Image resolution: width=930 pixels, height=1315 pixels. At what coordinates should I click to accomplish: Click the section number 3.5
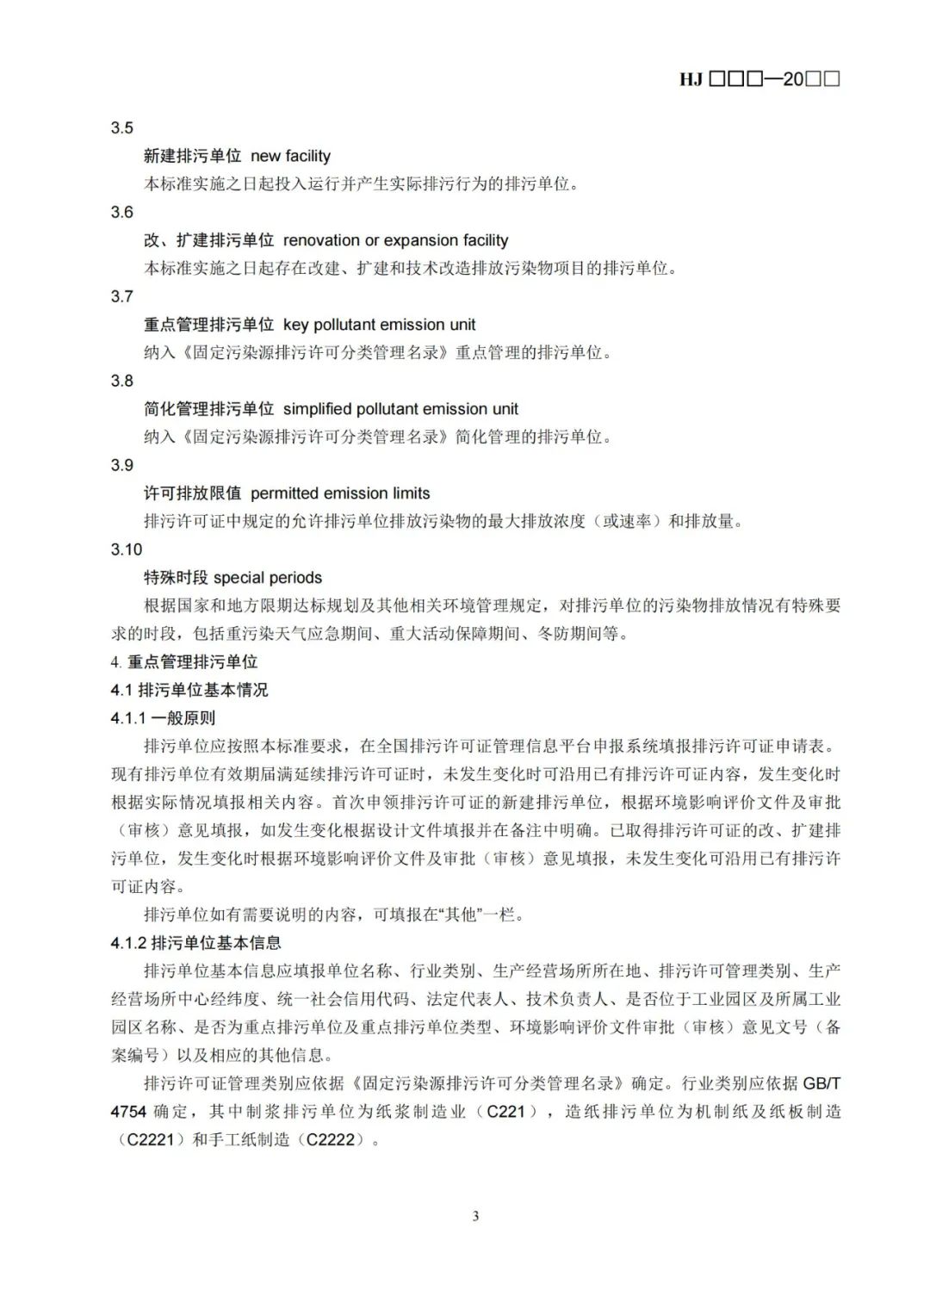pyautogui.click(x=122, y=128)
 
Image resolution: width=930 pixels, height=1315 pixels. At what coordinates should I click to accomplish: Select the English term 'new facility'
pyautogui.click(x=290, y=156)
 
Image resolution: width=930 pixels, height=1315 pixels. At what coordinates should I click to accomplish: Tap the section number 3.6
pyautogui.click(x=122, y=213)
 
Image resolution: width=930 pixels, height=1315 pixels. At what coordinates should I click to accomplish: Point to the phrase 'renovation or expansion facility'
pyautogui.click(x=395, y=240)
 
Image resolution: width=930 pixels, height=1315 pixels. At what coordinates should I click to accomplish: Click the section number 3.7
pyautogui.click(x=122, y=297)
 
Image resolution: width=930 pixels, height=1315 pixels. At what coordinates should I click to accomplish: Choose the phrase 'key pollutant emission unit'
pyautogui.click(x=379, y=325)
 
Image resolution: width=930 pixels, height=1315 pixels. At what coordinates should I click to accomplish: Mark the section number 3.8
pyautogui.click(x=122, y=381)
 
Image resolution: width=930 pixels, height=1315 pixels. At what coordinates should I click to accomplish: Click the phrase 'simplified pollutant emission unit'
pyautogui.click(x=400, y=409)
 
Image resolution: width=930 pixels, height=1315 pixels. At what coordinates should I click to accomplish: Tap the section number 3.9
pyautogui.click(x=122, y=466)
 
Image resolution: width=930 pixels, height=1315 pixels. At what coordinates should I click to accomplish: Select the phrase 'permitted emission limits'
pyautogui.click(x=340, y=493)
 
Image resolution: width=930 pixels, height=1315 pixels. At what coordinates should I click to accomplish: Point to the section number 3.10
pyautogui.click(x=126, y=550)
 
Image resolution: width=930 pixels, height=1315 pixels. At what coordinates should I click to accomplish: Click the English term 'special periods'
pyautogui.click(x=268, y=578)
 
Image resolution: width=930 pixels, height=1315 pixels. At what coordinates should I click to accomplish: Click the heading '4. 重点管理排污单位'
pyautogui.click(x=184, y=662)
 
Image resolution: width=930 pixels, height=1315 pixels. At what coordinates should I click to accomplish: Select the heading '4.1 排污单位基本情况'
pyautogui.click(x=189, y=690)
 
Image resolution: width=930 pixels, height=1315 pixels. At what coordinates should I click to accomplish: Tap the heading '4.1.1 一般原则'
pyautogui.click(x=163, y=718)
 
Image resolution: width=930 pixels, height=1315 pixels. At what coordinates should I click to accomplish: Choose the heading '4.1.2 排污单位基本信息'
pyautogui.click(x=195, y=943)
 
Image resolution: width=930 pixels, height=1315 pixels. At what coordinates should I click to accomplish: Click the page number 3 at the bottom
pyautogui.click(x=475, y=1216)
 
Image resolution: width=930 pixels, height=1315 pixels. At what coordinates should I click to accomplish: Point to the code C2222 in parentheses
pyautogui.click(x=329, y=1139)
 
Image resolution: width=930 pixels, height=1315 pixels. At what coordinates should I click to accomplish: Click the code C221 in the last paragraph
pyautogui.click(x=505, y=1112)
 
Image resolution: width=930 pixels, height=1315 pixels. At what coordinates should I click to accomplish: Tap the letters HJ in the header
pyautogui.click(x=691, y=79)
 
